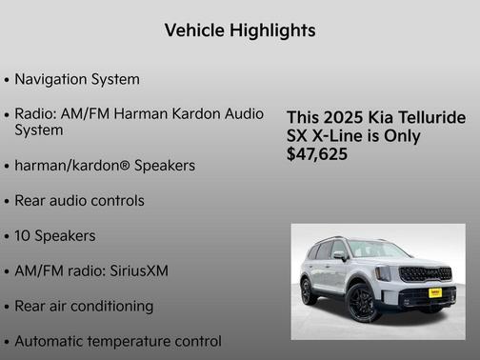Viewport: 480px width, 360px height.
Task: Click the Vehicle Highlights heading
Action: coord(240,30)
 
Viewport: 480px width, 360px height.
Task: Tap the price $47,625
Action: coord(317,153)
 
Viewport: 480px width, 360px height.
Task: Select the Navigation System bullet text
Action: coord(77,79)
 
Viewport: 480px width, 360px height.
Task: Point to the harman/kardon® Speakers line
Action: coord(105,166)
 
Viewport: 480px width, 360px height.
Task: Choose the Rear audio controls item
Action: coord(80,201)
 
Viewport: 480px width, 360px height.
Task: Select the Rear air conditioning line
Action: coord(84,306)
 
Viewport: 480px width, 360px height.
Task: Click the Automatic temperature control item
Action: coord(118,340)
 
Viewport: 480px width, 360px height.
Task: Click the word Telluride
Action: coord(431,118)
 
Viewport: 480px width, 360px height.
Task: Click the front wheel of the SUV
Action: coord(362,304)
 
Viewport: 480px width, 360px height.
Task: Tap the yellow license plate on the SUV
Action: coord(434,293)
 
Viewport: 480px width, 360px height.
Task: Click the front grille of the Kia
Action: coord(426,274)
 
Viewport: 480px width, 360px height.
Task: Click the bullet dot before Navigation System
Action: coord(8,80)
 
